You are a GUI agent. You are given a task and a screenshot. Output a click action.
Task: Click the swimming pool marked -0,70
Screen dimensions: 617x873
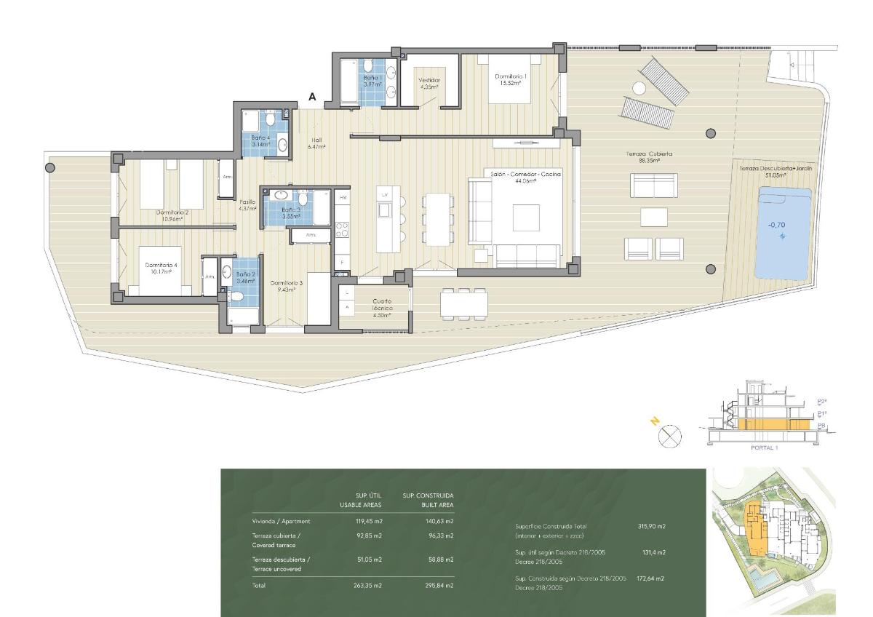click(x=783, y=233)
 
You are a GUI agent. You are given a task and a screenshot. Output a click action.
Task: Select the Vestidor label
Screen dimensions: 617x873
click(x=429, y=84)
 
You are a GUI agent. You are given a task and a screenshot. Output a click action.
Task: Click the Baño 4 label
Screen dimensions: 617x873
click(x=261, y=140)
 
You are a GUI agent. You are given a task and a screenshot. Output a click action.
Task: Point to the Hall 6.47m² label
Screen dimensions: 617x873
click(x=316, y=144)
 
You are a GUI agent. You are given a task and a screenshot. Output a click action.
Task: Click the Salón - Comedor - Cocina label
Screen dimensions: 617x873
click(x=525, y=178)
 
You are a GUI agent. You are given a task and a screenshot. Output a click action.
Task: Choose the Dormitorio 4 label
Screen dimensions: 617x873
click(x=162, y=270)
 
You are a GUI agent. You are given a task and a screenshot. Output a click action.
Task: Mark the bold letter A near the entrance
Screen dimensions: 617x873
click(x=312, y=97)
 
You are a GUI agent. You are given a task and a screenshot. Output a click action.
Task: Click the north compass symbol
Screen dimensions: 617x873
click(x=669, y=437)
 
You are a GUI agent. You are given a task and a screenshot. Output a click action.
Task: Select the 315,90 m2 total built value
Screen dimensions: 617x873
click(x=652, y=526)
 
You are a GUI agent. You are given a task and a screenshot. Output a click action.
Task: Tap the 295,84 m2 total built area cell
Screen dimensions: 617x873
click(x=439, y=585)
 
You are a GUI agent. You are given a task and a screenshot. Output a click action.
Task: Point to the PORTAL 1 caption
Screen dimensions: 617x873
click(x=764, y=447)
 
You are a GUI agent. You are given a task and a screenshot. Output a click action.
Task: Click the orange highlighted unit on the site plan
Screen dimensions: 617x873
click(x=753, y=528)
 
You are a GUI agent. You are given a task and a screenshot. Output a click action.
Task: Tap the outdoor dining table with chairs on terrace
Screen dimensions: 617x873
click(x=463, y=303)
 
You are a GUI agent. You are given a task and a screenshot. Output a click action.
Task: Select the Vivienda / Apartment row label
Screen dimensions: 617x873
click(x=282, y=521)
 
